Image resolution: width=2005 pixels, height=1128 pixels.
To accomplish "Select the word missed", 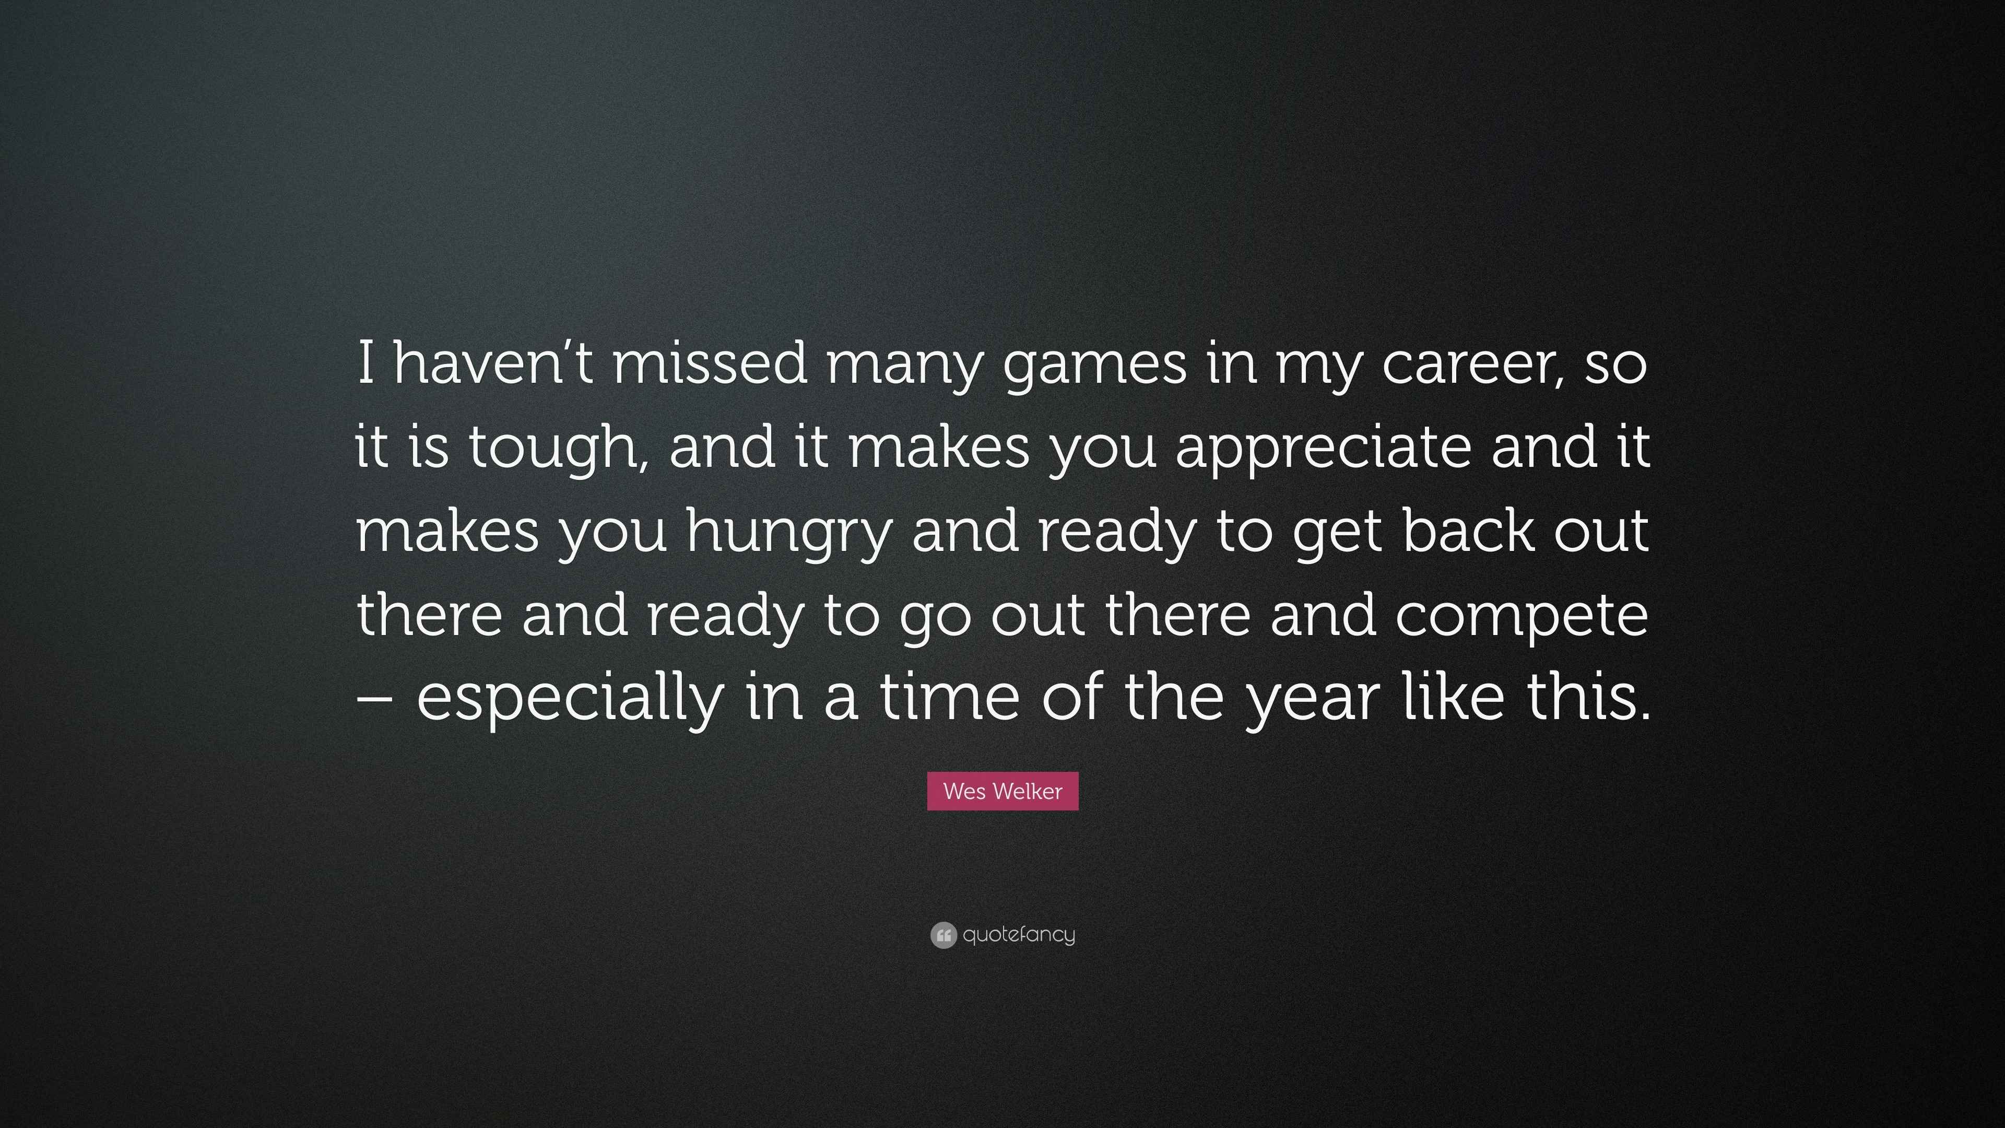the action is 710,363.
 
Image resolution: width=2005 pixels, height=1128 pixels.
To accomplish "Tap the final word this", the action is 1587,695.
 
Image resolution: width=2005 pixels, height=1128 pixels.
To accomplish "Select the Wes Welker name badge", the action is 1002,791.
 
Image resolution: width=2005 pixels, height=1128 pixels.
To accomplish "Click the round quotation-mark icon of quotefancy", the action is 943,935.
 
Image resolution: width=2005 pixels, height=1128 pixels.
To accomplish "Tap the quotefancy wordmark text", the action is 1019,935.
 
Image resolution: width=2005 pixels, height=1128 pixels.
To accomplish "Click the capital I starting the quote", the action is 366,363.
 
